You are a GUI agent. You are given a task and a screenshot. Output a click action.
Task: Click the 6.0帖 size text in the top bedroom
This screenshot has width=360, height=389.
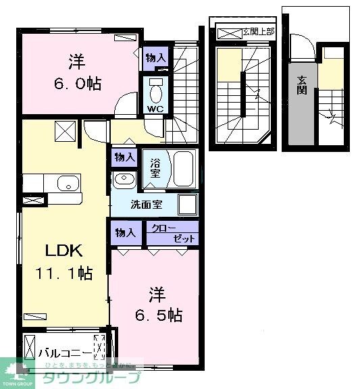coord(76,84)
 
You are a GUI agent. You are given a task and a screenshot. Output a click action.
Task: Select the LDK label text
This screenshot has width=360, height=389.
coord(63,251)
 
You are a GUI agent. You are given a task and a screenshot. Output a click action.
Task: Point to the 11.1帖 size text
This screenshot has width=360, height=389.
coord(64,274)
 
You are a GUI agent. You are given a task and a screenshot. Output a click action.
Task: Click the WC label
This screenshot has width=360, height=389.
coord(155,108)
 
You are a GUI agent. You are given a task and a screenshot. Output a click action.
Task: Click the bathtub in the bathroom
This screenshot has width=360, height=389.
coord(183,168)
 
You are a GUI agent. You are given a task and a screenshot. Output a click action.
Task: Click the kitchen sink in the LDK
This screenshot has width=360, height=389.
coord(67,184)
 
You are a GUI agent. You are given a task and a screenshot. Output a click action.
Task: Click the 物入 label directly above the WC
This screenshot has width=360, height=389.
coord(155,59)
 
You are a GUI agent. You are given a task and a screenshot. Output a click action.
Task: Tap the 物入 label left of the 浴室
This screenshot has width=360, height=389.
coord(124,157)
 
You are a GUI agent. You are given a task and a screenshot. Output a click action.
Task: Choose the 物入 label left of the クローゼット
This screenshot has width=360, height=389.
coord(125,233)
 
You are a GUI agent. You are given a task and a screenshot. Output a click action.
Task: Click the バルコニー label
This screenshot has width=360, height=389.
coord(66,352)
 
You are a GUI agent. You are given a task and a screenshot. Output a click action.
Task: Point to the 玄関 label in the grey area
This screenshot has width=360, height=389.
coord(301,85)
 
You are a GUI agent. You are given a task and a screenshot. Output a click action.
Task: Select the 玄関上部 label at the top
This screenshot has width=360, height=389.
coord(258,31)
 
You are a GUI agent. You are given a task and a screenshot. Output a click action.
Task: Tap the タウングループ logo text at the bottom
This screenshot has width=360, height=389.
coord(92,378)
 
